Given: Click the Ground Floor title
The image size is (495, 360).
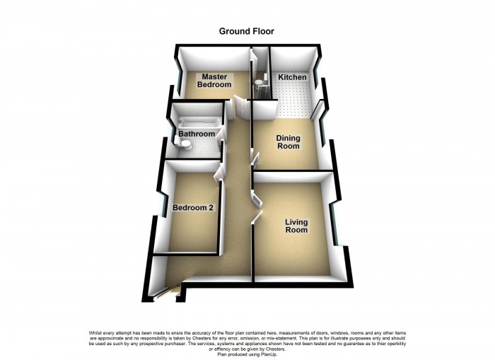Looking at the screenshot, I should [x=246, y=31].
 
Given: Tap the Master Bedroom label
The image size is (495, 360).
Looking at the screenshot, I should [x=214, y=80].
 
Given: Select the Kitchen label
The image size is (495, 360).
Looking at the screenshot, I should [x=291, y=77].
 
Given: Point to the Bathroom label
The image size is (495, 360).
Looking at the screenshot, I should [x=196, y=134].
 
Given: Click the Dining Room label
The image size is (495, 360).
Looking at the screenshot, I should [x=287, y=142].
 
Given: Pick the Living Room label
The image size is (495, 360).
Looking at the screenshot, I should [x=296, y=226].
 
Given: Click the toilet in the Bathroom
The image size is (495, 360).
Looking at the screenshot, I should [x=185, y=145].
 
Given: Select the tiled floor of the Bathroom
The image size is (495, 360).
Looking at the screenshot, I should [x=205, y=148].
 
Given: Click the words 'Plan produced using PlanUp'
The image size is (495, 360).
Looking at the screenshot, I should [x=247, y=354].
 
